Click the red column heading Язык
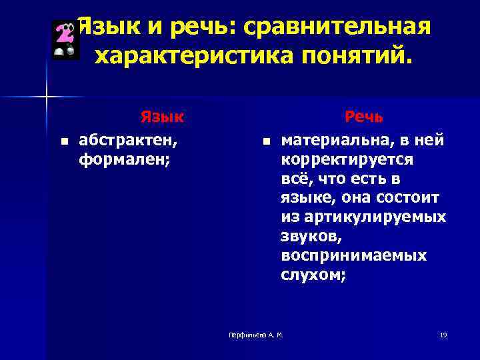pos(162,117)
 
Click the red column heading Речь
pos(364,117)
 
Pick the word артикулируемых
pos(378,217)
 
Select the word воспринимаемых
pos(353,256)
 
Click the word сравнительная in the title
pos(337,28)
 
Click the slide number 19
pos(443,334)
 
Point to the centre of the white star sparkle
pos(46,97)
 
